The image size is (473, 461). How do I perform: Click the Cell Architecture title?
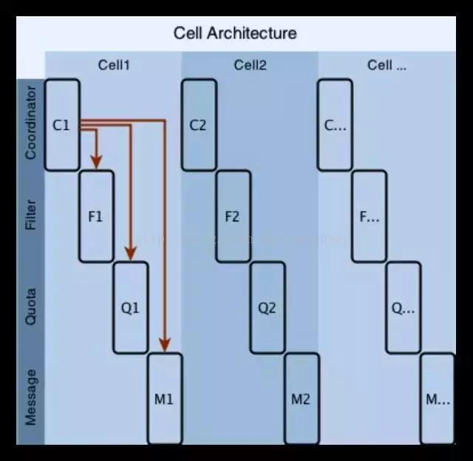click(x=235, y=33)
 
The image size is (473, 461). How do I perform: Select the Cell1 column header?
click(x=114, y=65)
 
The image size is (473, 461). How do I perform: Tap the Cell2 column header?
click(x=250, y=65)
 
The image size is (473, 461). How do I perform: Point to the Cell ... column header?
click(x=387, y=65)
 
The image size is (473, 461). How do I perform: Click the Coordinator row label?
click(x=30, y=123)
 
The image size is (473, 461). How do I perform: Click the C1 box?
click(x=62, y=125)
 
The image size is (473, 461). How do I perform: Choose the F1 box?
click(x=96, y=216)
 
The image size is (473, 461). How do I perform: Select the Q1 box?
click(x=130, y=308)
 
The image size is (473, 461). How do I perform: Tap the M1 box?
click(x=164, y=399)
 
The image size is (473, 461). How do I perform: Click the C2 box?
click(x=199, y=125)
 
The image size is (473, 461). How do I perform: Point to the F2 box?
click(x=233, y=216)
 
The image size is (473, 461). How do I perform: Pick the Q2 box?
click(x=267, y=308)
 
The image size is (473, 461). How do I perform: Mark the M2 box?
click(x=301, y=399)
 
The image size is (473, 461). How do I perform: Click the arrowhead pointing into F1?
click(x=95, y=162)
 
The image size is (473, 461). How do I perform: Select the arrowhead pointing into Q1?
click(x=131, y=253)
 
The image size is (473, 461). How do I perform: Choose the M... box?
click(x=438, y=399)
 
